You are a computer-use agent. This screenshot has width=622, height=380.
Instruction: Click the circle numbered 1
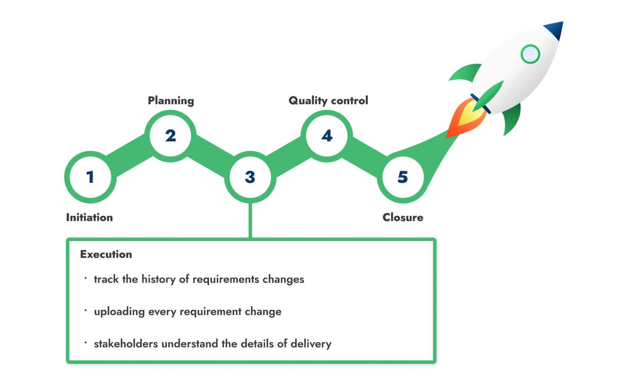click(x=90, y=177)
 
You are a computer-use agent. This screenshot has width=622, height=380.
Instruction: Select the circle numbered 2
click(x=170, y=136)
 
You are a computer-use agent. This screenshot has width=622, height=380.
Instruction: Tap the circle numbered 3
click(x=250, y=177)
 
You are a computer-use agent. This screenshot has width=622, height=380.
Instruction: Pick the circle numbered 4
click(x=327, y=136)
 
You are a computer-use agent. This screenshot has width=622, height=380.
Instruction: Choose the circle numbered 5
click(x=403, y=177)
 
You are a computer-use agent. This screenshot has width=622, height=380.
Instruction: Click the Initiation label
click(x=89, y=218)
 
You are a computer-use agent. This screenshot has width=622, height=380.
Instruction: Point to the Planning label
click(x=171, y=100)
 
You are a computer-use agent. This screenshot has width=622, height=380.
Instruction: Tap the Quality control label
click(x=328, y=100)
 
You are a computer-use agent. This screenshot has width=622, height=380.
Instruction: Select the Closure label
click(x=403, y=218)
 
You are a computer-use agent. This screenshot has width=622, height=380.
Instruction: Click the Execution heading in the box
click(x=106, y=254)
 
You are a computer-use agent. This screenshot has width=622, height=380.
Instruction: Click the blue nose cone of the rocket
click(x=555, y=30)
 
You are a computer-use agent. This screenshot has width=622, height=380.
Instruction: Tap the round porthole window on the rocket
click(x=530, y=54)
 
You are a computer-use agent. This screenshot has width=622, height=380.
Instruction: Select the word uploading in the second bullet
click(x=119, y=312)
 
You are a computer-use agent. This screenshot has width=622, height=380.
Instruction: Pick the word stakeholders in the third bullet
click(x=126, y=344)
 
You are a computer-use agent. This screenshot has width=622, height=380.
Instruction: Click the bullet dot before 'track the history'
click(x=86, y=278)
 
